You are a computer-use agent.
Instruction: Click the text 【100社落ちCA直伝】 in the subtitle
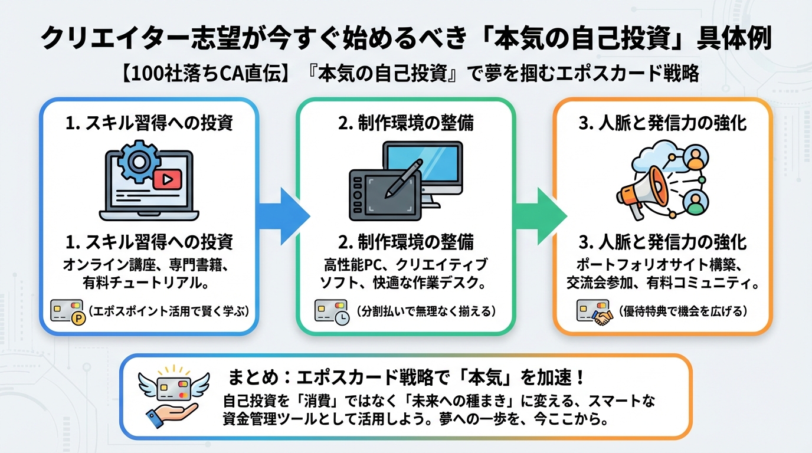(x=176, y=74)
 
